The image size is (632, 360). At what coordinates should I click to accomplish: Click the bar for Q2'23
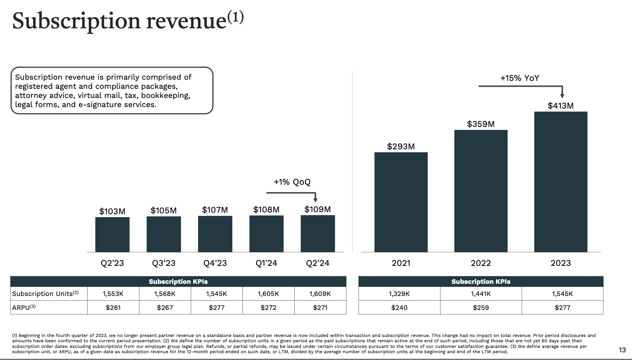click(x=112, y=235)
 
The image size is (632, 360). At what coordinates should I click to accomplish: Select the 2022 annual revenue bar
click(x=481, y=191)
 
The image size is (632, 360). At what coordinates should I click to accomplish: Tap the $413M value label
click(x=560, y=106)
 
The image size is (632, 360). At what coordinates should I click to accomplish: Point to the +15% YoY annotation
click(x=520, y=78)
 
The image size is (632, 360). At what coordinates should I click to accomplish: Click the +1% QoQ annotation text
click(x=292, y=182)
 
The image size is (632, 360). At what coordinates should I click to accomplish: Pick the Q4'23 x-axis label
click(x=215, y=263)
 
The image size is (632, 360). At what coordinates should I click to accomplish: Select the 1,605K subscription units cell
click(x=268, y=294)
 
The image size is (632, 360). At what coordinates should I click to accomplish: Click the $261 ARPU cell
click(x=113, y=307)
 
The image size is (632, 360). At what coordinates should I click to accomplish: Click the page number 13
click(x=622, y=350)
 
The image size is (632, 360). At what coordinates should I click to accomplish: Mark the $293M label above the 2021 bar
click(x=401, y=146)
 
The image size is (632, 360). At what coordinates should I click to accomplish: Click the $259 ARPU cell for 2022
click(x=481, y=307)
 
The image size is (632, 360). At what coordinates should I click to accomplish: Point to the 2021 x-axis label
click(x=401, y=263)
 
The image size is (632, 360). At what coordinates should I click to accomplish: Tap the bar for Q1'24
click(x=266, y=234)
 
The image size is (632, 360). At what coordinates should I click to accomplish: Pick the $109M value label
click(x=317, y=210)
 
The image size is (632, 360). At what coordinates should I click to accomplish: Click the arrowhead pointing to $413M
click(x=562, y=96)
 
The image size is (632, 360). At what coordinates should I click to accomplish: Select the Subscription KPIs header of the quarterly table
click(x=178, y=282)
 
